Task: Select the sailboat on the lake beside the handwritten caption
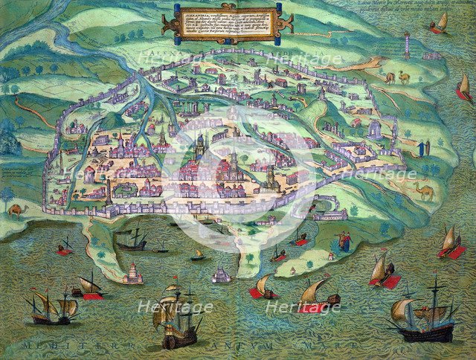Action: click(440, 23)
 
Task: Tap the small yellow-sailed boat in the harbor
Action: click(197, 255)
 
